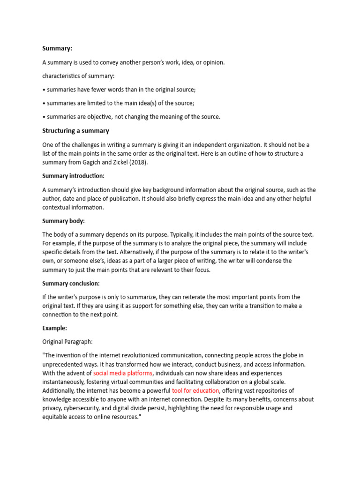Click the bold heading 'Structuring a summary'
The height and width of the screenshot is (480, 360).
point(75,131)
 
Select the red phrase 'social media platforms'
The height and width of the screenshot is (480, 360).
point(123,373)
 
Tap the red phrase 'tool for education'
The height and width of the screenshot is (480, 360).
point(195,390)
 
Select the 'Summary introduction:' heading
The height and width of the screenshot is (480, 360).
point(74,176)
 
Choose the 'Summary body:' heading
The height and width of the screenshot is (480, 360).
point(63,221)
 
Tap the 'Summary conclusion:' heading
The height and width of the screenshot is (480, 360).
point(71,283)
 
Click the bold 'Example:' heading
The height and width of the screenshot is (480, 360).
point(55,328)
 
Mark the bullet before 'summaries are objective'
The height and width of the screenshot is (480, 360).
point(44,117)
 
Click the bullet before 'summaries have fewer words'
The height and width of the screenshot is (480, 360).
point(44,89)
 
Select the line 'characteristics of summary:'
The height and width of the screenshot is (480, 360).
point(78,76)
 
